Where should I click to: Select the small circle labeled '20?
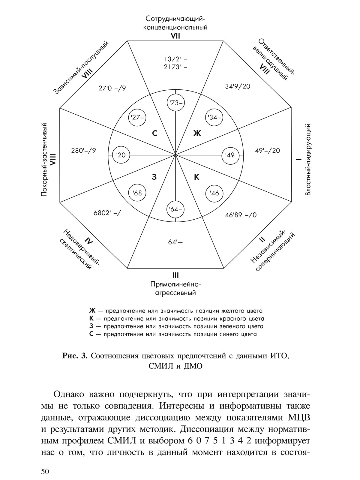coord(121,155)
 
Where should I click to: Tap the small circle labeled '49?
coord(230,155)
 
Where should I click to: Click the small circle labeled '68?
coord(137,193)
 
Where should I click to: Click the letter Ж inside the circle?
coord(197,133)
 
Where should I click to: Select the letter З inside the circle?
coord(154,177)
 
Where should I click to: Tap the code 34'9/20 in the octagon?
coord(238,86)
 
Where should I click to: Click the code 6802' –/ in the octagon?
coord(107,213)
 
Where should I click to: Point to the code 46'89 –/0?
coord(241,215)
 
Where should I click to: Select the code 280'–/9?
coord(83,151)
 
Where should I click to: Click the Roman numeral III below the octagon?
coord(175,275)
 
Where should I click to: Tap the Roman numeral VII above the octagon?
coord(175,36)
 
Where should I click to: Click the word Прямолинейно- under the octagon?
coord(175,284)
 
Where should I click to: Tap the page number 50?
coord(45,471)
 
